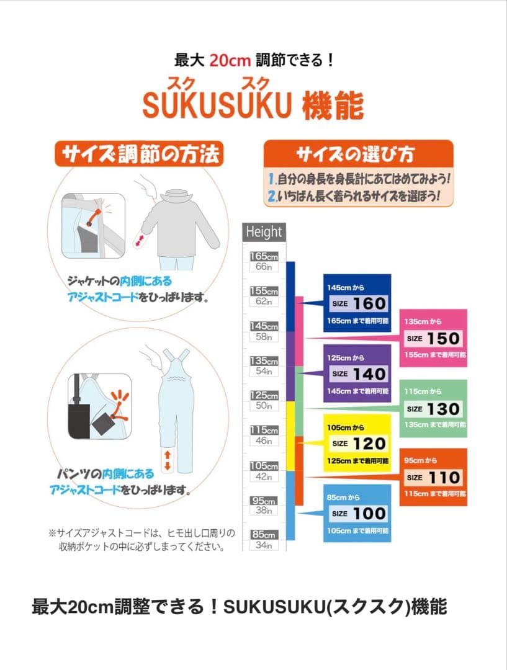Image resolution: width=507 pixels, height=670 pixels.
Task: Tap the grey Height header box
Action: point(264,232)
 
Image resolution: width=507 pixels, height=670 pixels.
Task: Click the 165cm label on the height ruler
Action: point(264,256)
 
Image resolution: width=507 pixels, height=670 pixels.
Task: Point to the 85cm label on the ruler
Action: point(264,534)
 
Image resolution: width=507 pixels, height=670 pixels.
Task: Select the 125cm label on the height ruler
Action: point(264,395)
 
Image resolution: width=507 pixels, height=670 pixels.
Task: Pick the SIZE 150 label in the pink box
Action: point(433,339)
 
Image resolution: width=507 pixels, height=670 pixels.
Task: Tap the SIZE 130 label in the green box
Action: point(433,409)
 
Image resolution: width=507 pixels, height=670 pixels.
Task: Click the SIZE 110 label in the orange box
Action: point(433,478)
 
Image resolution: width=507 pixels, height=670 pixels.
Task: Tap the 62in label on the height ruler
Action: point(264,301)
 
